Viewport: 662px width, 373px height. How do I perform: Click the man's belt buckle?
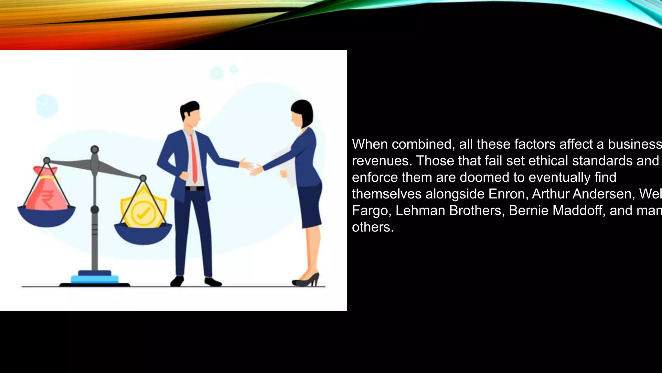pos(193,188)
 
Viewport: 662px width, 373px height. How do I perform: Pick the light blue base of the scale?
pos(94,279)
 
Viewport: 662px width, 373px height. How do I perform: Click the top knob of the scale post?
pos(95,150)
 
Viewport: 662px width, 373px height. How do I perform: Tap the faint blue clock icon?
pos(47,106)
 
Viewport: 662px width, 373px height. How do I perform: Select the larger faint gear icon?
pos(217,73)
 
